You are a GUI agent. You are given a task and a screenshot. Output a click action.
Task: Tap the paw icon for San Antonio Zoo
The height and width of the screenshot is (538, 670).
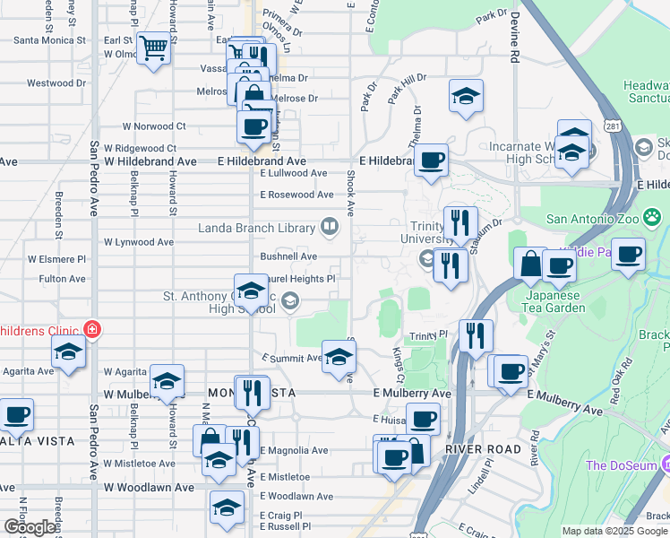click(655, 218)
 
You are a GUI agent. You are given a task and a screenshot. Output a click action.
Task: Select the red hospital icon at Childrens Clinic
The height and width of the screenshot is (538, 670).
click(90, 330)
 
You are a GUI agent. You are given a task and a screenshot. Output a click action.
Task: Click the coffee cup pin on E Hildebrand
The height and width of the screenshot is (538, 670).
click(431, 161)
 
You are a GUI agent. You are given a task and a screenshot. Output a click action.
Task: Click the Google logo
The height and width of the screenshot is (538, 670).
click(29, 527)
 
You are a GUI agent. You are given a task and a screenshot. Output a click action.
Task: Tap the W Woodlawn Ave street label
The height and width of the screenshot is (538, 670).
click(149, 488)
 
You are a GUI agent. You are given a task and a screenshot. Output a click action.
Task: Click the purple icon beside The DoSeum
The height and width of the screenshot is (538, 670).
click(665, 464)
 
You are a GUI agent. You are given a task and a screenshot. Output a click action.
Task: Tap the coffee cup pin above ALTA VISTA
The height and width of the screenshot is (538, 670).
click(16, 415)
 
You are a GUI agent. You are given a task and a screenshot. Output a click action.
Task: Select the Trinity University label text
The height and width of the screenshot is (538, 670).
click(421, 233)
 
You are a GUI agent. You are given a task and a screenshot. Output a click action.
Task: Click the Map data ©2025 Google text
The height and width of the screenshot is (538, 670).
click(614, 531)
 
